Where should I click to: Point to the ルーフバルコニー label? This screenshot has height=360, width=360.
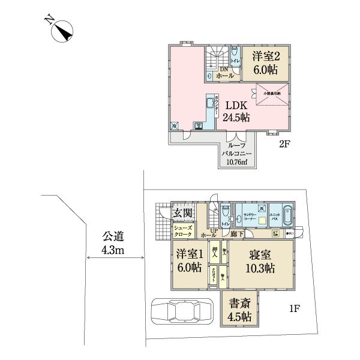coord(236,148)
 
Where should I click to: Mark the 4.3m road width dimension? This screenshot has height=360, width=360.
coord(111,250)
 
